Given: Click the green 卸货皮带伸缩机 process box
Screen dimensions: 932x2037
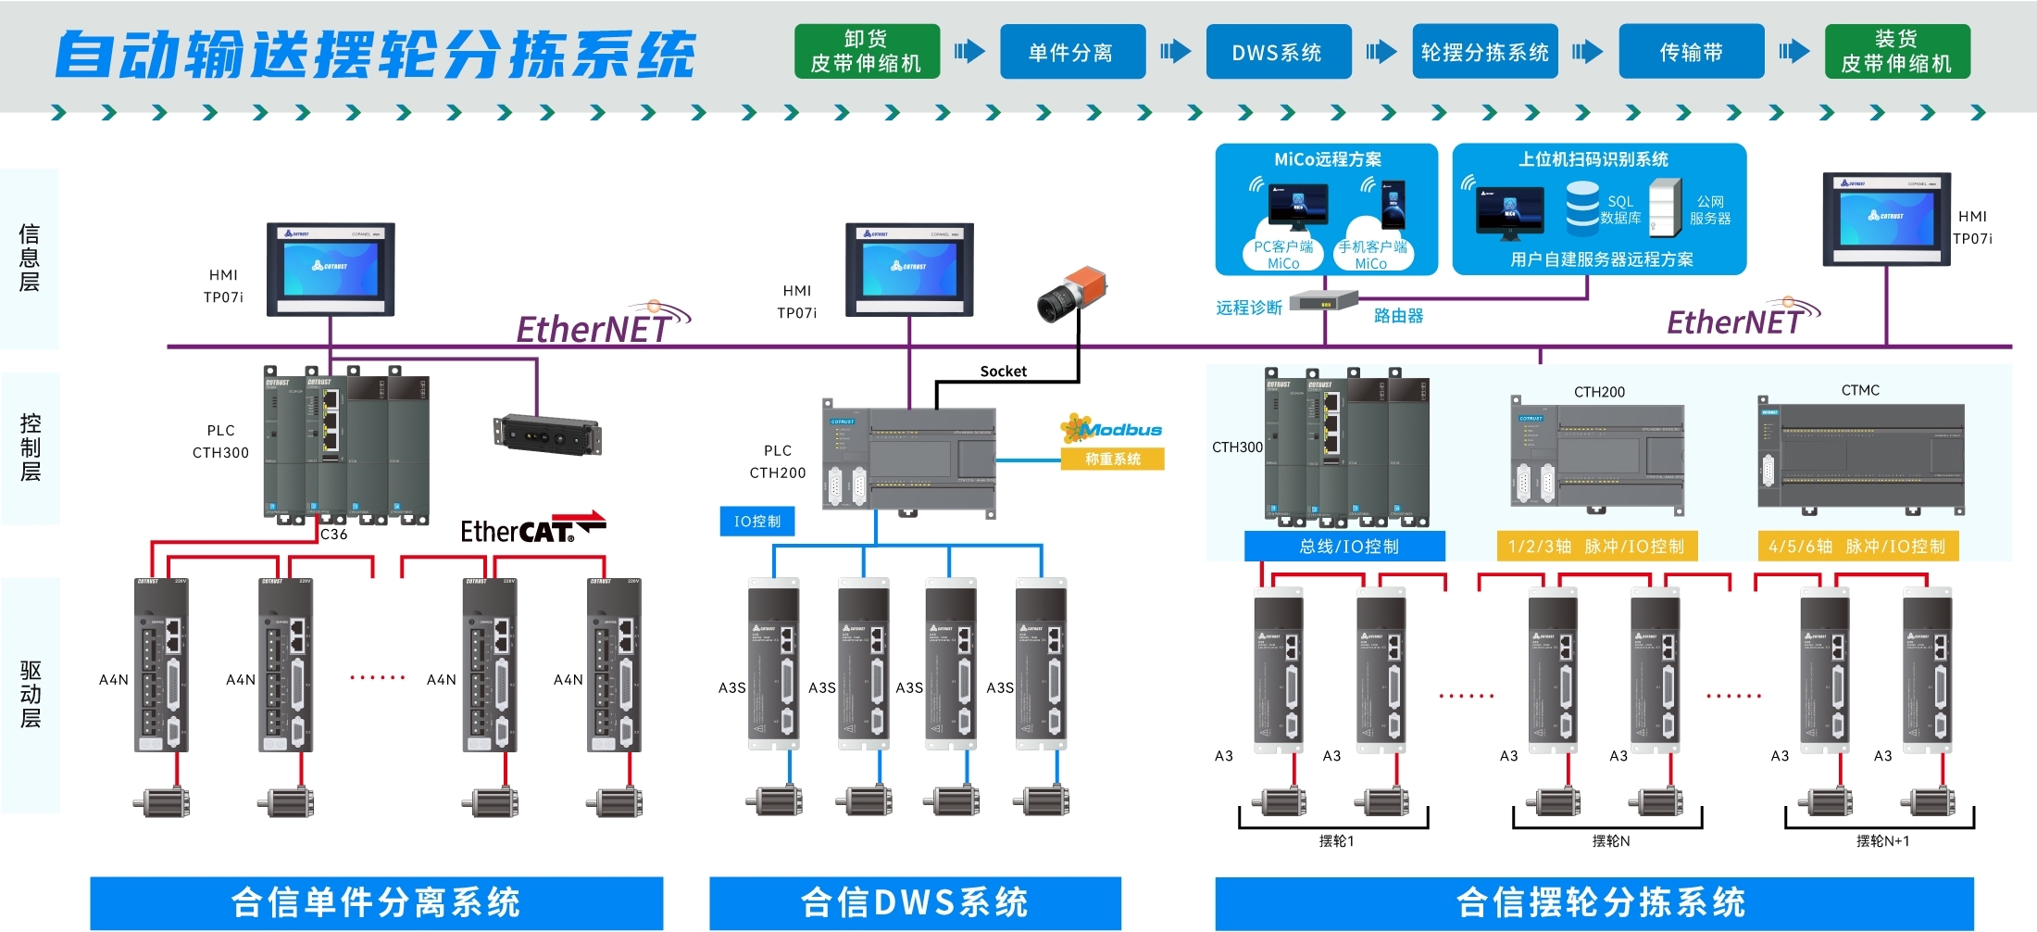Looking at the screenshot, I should [x=867, y=52].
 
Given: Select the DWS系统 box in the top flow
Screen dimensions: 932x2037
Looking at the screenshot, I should [x=1278, y=52].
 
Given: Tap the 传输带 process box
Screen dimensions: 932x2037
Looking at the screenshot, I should [x=1691, y=52].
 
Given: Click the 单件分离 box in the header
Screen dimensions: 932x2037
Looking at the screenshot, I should [x=1072, y=52].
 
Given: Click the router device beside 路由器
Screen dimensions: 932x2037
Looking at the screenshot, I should [x=1324, y=300].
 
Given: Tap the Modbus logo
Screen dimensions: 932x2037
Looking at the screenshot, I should [x=1111, y=429].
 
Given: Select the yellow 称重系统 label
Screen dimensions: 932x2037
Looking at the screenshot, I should [x=1112, y=459].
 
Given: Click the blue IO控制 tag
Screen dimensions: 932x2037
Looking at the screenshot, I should [x=757, y=522].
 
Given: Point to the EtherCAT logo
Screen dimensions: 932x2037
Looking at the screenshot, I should [x=531, y=529].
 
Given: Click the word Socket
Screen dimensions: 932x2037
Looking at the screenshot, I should [x=1003, y=372].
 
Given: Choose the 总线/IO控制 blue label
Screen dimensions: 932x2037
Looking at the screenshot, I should [x=1348, y=547].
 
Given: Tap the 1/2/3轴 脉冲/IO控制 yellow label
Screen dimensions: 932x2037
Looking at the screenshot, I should [x=1596, y=547].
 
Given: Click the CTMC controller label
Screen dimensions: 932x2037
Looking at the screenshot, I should [x=1860, y=390].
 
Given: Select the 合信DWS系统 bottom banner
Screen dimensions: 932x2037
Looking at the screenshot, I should [x=915, y=902].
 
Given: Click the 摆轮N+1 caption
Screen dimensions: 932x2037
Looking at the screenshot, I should [x=1882, y=841].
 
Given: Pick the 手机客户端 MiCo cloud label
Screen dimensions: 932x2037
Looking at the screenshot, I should [x=1372, y=254].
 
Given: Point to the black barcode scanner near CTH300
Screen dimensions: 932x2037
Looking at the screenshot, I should [x=547, y=435].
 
